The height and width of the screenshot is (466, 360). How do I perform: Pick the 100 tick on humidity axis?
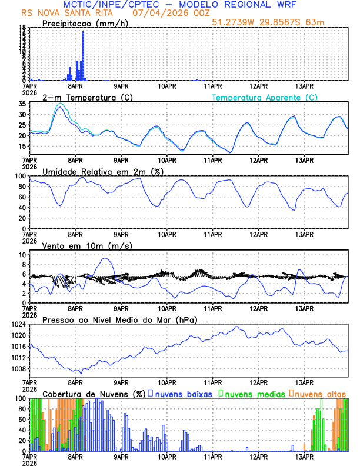(20, 176)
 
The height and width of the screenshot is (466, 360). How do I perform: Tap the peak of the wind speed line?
(105, 258)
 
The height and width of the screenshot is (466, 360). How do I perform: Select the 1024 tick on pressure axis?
(18, 324)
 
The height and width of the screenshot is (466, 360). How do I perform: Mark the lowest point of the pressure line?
(81, 373)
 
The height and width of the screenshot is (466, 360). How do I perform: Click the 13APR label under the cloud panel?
(304, 457)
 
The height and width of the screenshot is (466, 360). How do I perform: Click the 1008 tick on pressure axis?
(18, 369)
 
